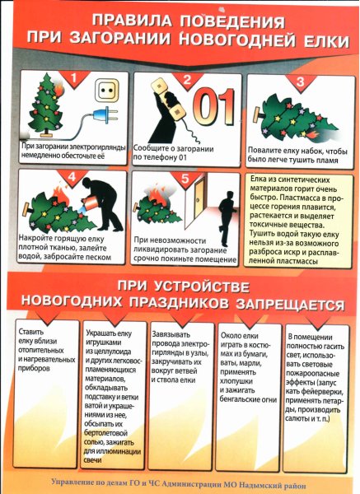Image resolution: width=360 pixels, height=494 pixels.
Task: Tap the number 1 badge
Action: click(74, 80)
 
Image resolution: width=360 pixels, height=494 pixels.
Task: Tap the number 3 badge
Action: click(300, 82)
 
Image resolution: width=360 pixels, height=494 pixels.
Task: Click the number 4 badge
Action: click(72, 176)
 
